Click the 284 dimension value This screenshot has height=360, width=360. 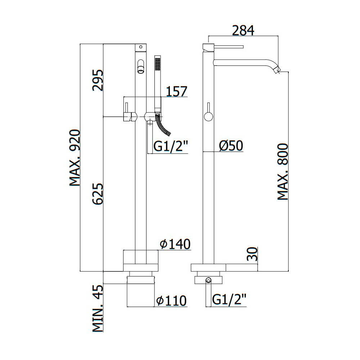coord(243,31)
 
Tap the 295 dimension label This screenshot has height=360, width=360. coord(98,80)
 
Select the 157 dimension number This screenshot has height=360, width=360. coord(176,91)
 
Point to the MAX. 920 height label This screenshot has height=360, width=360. coord(75,158)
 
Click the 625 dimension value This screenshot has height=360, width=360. coord(98,194)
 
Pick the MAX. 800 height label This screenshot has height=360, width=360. coord(283,172)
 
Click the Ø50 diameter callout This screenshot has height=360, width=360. coord(231,146)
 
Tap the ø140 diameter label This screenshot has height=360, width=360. coord(175,244)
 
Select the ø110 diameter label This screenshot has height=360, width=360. coord(171,301)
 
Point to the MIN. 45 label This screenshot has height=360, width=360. coord(98,309)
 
